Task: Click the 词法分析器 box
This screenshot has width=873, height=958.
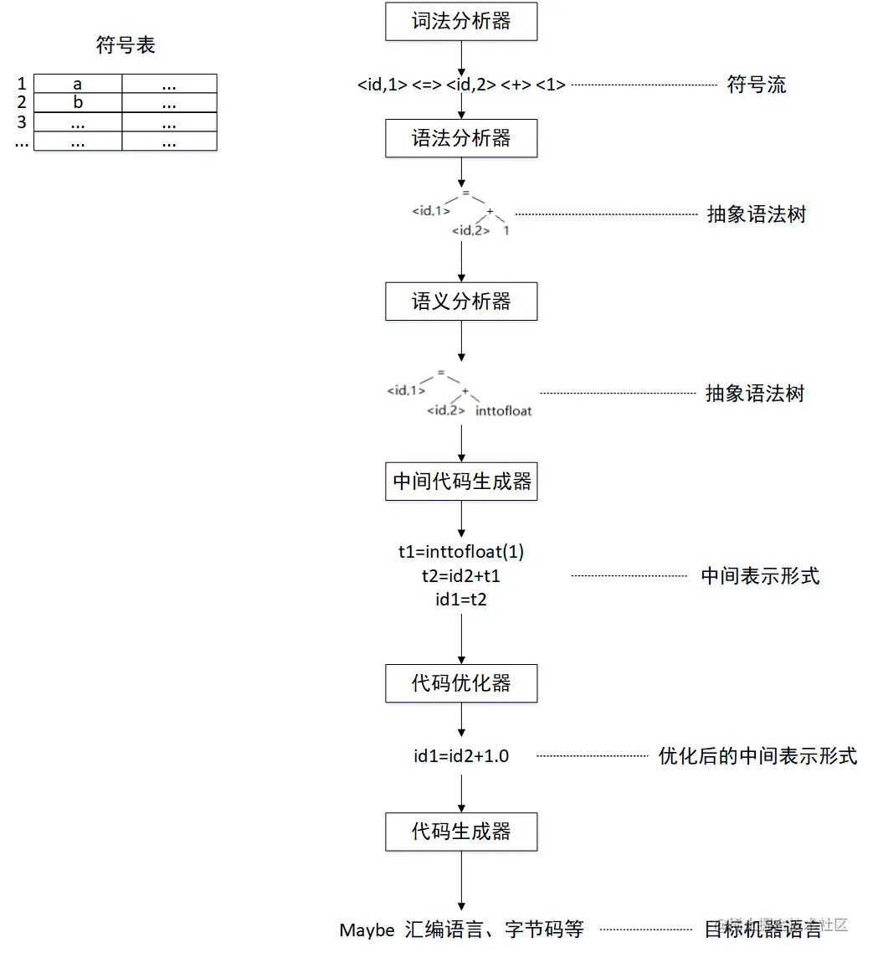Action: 461,22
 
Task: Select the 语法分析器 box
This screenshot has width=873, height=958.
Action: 461,138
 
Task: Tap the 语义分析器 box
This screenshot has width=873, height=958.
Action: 461,301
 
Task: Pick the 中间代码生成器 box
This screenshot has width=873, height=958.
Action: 461,482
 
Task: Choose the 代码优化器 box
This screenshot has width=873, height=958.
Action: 461,683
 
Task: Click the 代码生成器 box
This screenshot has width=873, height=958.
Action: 461,832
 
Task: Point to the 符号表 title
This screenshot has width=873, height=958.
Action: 126,45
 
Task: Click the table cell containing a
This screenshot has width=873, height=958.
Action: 78,84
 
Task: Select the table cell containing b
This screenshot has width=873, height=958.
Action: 78,103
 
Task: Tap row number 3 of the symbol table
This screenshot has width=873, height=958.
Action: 22,122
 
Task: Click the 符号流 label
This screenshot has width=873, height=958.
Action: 757,85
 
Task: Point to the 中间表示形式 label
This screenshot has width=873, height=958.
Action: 760,576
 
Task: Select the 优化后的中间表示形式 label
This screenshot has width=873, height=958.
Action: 757,756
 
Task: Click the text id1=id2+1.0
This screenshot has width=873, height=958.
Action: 461,756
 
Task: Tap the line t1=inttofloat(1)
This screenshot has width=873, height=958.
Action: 461,552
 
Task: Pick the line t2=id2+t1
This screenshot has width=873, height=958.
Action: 461,576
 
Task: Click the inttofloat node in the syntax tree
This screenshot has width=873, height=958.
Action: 503,411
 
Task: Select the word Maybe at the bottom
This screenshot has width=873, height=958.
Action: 367,930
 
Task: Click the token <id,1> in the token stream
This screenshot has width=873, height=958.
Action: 383,85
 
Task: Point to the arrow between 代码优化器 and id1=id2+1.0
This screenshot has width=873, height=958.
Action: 461,720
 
